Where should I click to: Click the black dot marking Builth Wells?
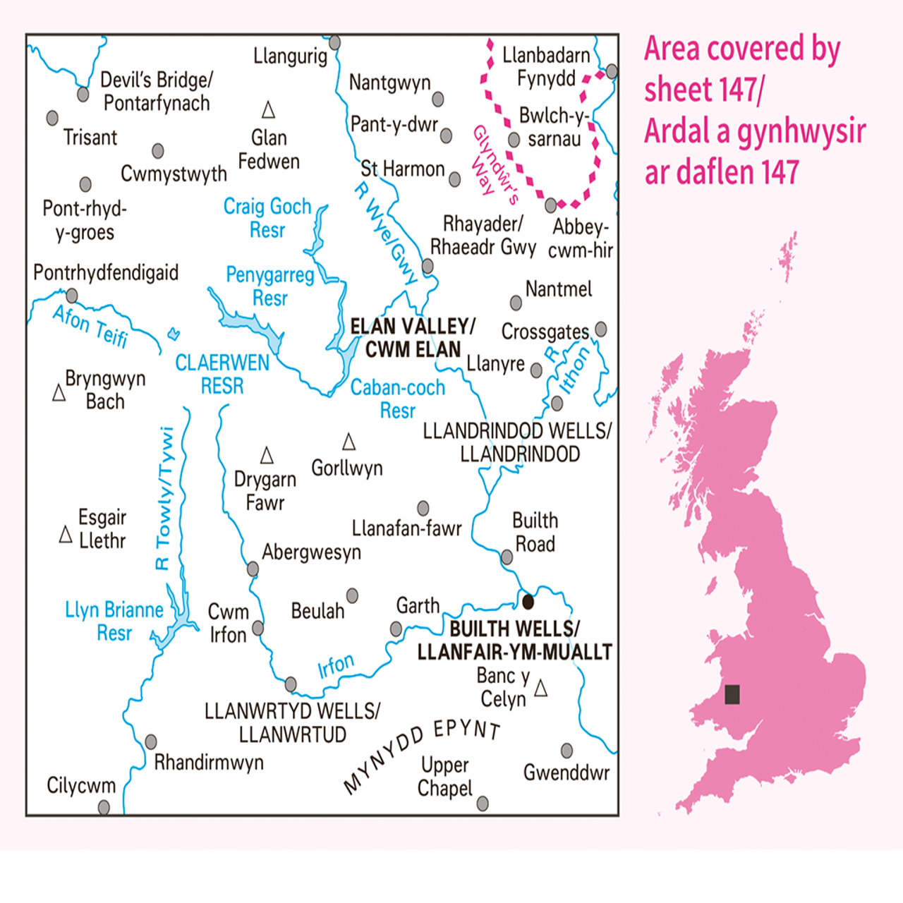[x=528, y=602]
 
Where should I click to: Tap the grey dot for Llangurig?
[x=335, y=43]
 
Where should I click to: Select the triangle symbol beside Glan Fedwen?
[x=268, y=110]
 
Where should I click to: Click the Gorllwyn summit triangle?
[x=349, y=442]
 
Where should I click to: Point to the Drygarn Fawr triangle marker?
[x=267, y=455]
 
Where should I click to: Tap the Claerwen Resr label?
[x=222, y=374]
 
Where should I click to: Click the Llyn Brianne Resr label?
[x=114, y=621]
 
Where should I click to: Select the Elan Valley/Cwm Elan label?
[x=413, y=337]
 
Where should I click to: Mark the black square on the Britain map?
[x=732, y=694]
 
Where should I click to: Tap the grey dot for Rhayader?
[x=428, y=267]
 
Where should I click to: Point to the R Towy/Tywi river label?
[x=164, y=498]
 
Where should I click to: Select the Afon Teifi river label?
[x=90, y=326]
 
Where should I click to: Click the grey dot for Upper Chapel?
[x=483, y=804]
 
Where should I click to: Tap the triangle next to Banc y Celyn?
[x=540, y=688]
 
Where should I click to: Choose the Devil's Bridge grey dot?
[x=83, y=94]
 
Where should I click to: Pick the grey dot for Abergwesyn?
[x=253, y=569]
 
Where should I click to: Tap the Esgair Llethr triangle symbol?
[x=66, y=535]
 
